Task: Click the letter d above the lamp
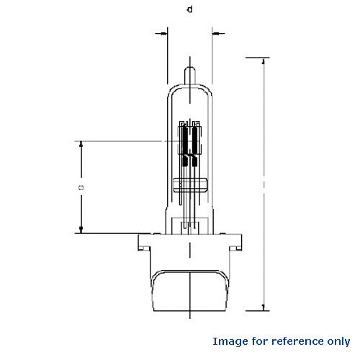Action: (x=189, y=9)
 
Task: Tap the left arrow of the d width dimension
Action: (x=163, y=32)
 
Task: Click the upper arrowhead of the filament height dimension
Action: (x=81, y=144)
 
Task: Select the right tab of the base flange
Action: (x=240, y=244)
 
